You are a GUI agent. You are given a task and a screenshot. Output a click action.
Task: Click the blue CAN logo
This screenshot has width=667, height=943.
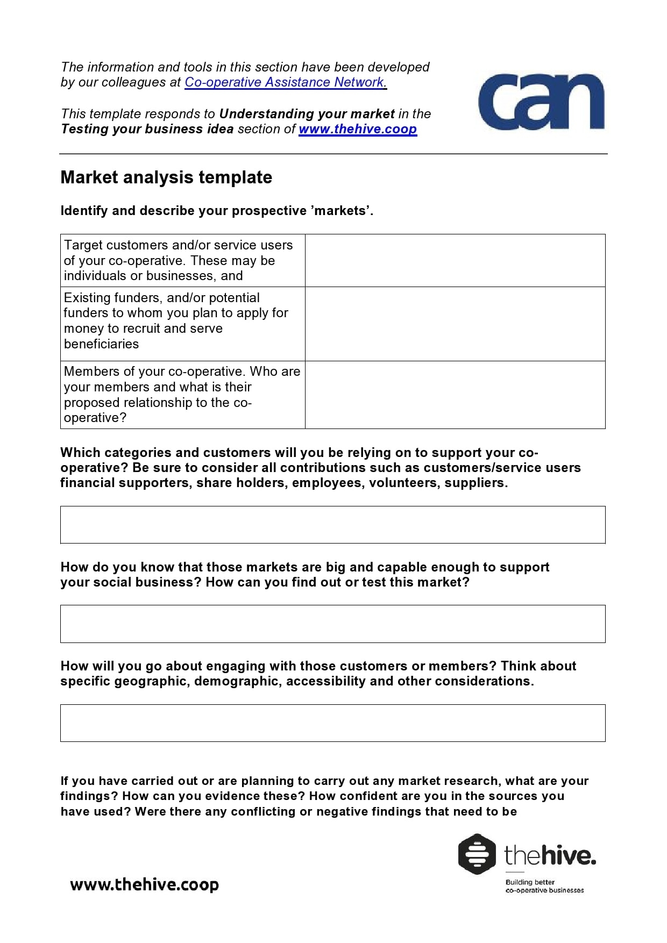click(541, 102)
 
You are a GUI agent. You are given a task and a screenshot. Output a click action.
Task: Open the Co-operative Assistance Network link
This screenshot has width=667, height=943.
click(285, 82)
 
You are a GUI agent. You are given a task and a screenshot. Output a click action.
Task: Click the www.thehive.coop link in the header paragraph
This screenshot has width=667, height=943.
click(358, 129)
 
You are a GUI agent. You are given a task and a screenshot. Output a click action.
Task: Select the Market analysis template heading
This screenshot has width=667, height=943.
click(166, 177)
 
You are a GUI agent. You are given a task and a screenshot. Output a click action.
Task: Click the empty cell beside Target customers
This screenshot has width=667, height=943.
click(455, 260)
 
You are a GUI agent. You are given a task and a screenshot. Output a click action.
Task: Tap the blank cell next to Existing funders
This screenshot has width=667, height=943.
click(455, 324)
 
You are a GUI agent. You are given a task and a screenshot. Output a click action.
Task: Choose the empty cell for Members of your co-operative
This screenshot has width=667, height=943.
click(455, 395)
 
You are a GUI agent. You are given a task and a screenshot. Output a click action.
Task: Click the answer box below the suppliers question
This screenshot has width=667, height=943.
click(332, 525)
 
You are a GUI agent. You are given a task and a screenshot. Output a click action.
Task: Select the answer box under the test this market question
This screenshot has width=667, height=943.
click(332, 624)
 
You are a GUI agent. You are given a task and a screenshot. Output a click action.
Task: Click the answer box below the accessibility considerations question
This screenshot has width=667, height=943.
click(332, 723)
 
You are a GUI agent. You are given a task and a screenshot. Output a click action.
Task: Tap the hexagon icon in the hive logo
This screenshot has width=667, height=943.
click(477, 854)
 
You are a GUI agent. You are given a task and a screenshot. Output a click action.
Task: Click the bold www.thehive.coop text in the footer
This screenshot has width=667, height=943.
click(144, 885)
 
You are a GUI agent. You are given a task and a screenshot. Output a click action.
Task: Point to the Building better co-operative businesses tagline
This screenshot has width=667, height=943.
click(544, 886)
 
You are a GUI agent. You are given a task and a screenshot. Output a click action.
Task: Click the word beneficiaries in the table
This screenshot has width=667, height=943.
click(101, 344)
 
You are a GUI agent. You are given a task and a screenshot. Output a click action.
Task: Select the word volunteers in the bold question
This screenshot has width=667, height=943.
click(403, 483)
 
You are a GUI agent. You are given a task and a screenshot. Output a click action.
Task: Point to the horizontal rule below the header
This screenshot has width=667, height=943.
click(334, 154)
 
